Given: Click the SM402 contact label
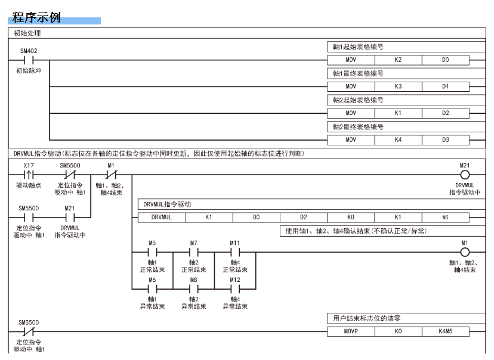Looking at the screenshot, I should tap(28, 51).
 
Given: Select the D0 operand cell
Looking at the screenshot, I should tap(445, 60).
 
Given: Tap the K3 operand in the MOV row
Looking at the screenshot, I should tap(398, 87).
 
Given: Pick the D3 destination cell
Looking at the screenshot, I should tap(445, 140).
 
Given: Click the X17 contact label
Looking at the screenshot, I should tap(28, 165).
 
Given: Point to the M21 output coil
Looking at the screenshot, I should tap(465, 175).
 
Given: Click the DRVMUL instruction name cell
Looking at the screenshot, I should tap(161, 218).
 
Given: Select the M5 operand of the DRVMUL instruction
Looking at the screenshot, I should tap(445, 218).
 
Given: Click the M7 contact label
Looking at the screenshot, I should tap(193, 243).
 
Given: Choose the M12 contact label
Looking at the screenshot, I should tap(235, 278).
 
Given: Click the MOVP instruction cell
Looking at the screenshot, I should tap(351, 331).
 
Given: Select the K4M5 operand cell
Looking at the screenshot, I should tap(445, 331).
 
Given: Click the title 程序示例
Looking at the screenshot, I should tap(36, 17).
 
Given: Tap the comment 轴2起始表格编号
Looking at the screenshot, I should tap(359, 100).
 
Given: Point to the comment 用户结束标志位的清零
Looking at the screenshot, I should tap(367, 319).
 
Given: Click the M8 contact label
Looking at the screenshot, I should tap(193, 278).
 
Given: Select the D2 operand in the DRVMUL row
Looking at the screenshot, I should tap(304, 218).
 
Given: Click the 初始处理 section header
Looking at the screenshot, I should tap(27, 33).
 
